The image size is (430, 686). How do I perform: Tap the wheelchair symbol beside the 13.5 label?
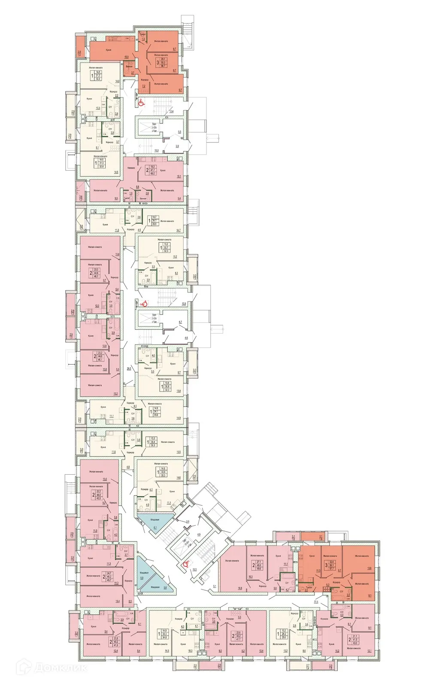click(186, 564)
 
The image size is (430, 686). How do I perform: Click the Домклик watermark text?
click(51, 668)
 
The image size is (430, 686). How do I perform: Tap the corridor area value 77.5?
click(316, 602)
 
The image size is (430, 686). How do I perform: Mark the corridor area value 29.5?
click(128, 368)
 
